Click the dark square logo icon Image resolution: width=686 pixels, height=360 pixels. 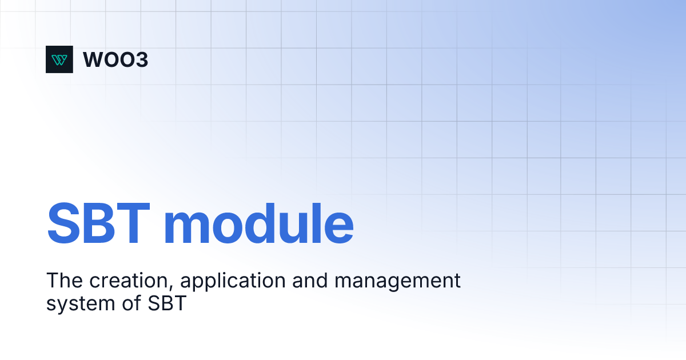tap(59, 59)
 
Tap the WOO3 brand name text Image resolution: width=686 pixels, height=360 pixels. tap(115, 59)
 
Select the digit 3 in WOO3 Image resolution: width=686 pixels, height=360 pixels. tap(142, 59)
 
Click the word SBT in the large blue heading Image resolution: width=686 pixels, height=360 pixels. tap(98, 223)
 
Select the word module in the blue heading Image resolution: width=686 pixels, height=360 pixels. tap(259, 223)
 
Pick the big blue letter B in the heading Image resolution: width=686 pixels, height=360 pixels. tap(99, 223)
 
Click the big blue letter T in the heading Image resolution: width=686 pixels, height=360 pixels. tap(133, 223)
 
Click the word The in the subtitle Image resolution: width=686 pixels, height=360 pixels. tap(64, 280)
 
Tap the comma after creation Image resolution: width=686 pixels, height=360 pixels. tap(171, 287)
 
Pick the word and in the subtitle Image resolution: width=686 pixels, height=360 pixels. tap(310, 281)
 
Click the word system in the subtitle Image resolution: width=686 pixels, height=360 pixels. tap(81, 304)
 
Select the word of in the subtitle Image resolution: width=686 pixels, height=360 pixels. tap(131, 303)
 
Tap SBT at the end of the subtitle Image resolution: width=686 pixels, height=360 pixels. tap(167, 303)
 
